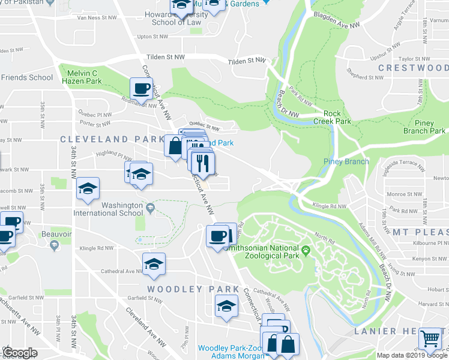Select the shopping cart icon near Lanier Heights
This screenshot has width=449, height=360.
(x=430, y=339)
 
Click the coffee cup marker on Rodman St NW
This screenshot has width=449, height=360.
(x=141, y=89)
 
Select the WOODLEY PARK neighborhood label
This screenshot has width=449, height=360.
(x=185, y=289)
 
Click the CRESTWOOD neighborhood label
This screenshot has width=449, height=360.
(x=413, y=68)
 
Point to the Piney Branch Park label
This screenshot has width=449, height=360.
(x=424, y=127)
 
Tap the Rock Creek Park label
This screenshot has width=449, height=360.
(x=337, y=117)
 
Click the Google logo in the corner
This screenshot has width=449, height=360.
(x=20, y=353)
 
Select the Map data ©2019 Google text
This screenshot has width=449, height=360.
(x=412, y=355)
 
